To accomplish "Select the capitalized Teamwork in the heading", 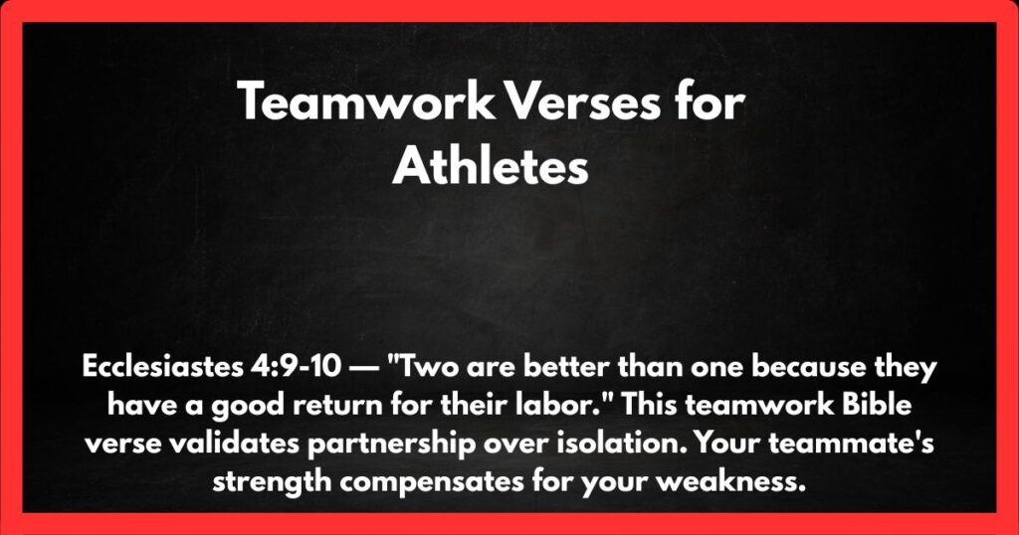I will pyautogui.click(x=364, y=102).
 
